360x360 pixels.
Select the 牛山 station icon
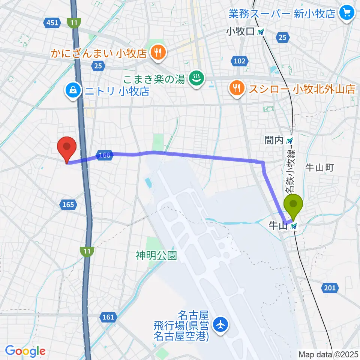pyautogui.click(x=294, y=226)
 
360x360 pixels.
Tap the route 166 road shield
pyautogui.click(x=105, y=154)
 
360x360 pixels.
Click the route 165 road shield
pyautogui.click(x=68, y=204)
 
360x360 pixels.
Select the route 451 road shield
pyautogui.click(x=52, y=23)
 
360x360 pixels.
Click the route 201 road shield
pyautogui.click(x=330, y=288)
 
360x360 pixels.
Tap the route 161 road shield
pyautogui.click(x=108, y=317)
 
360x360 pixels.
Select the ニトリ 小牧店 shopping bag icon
pyautogui.click(x=72, y=90)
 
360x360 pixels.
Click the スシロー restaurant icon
pyautogui.click(x=237, y=89)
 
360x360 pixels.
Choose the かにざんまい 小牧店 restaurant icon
pyautogui.click(x=157, y=53)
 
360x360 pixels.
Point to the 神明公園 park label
pyautogui.click(x=156, y=256)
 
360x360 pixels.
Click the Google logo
pyautogui.click(x=25, y=351)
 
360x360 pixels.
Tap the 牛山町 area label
pyautogui.click(x=319, y=167)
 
